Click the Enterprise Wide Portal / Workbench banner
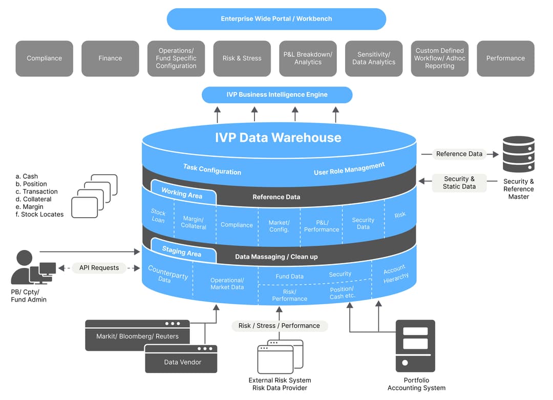point(276,19)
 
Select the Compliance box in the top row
point(45,58)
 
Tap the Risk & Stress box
point(242,58)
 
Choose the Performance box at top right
point(505,58)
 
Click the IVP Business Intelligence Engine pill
point(277,95)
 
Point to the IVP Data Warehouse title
point(278,137)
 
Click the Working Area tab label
point(182,193)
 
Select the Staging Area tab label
point(182,251)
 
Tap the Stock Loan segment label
point(158,216)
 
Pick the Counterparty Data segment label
point(167,273)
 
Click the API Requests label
point(99,268)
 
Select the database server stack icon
point(518,154)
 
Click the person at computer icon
point(33,268)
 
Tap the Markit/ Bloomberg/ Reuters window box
point(137,335)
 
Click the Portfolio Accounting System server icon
point(415,346)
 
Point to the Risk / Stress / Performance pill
point(279,326)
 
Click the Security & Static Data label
point(459,183)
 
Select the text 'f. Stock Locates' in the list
point(39,215)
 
